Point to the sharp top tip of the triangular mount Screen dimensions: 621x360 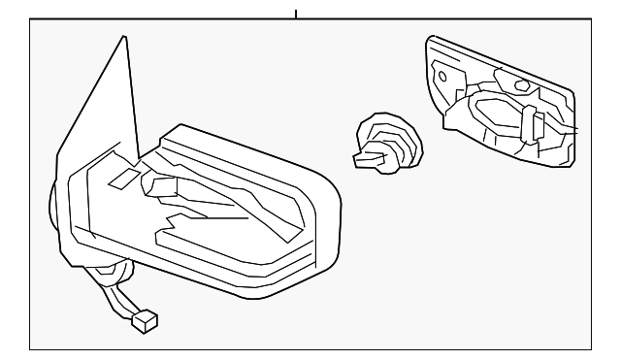pyautogui.click(x=124, y=38)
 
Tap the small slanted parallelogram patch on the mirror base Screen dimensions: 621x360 pyautogui.click(x=123, y=178)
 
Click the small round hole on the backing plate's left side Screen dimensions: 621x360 pyautogui.click(x=441, y=76)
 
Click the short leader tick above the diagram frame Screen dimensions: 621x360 pyautogui.click(x=296, y=15)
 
